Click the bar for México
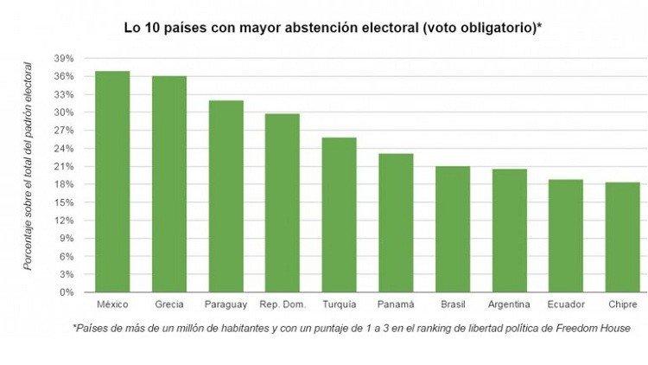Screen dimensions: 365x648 point(112,182)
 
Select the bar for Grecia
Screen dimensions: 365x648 point(169,184)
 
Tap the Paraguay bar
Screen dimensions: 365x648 point(226,196)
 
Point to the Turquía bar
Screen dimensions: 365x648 point(339,215)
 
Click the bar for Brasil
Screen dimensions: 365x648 point(453,229)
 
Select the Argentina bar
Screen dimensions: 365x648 point(509,231)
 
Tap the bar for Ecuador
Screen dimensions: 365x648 point(566,236)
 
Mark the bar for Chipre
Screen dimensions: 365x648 point(622,237)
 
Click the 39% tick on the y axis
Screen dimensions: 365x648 point(64,58)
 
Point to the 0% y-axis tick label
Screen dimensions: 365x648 point(67,292)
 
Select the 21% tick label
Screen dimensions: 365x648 point(64,166)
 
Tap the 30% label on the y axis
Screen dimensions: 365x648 point(64,112)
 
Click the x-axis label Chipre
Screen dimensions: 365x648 point(622,304)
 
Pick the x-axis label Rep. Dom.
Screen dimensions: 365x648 point(283,304)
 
